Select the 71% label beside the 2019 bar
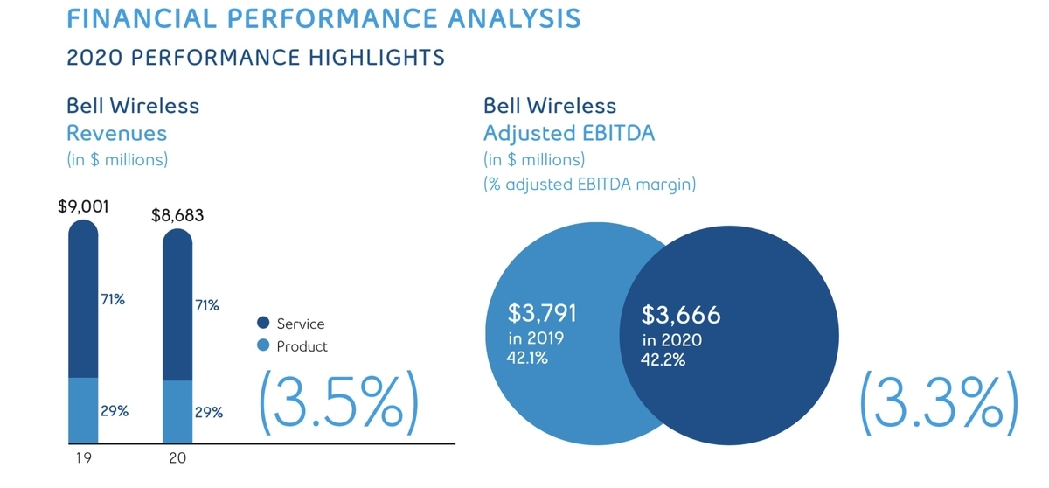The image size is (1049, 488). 113,299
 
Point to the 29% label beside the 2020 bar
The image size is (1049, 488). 207,412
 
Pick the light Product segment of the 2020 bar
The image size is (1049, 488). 177,411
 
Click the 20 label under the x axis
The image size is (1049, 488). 177,457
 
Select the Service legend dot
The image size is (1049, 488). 263,324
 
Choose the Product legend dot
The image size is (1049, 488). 263,346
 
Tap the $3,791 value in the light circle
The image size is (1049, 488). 542,313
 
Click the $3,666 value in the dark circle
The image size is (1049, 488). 681,316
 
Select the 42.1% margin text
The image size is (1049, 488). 527,357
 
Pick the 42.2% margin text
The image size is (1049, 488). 663,359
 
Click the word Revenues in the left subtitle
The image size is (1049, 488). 116,134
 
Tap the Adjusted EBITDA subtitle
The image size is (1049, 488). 569,134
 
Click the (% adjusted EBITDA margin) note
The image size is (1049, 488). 590,185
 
